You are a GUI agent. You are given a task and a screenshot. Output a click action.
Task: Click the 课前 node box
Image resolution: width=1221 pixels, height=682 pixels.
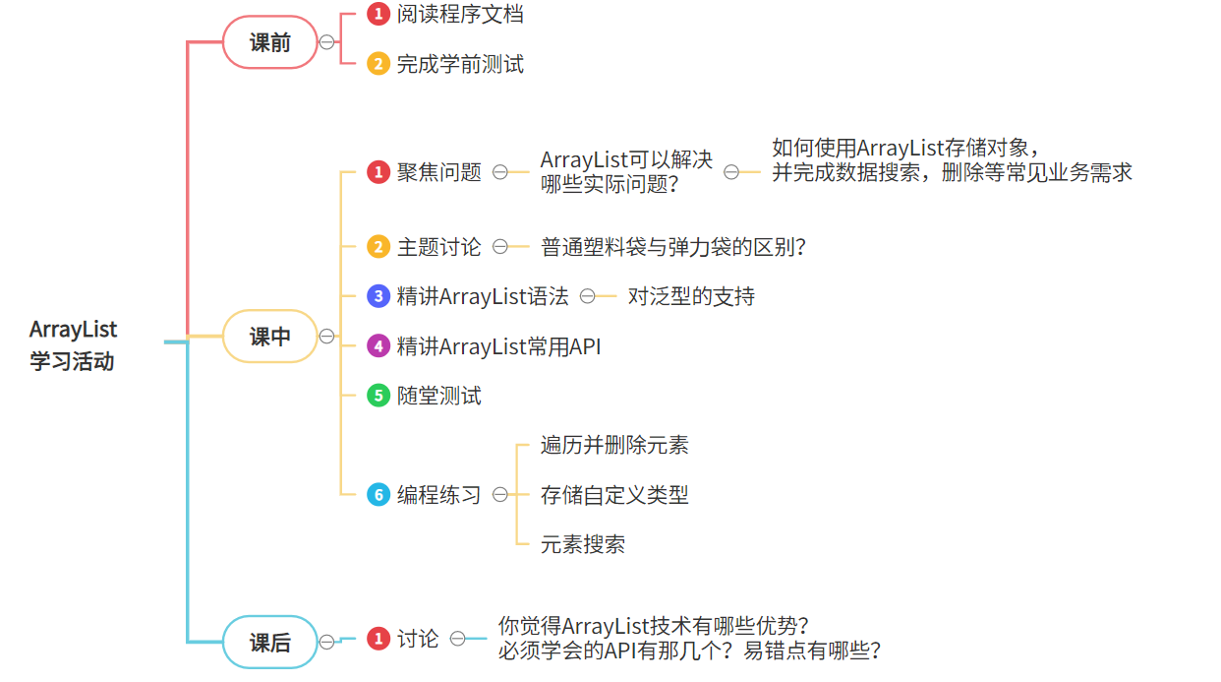point(269,42)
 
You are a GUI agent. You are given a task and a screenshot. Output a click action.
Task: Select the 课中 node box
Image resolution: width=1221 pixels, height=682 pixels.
point(269,337)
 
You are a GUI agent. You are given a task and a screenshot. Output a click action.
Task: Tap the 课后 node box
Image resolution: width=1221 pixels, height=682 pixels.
point(269,643)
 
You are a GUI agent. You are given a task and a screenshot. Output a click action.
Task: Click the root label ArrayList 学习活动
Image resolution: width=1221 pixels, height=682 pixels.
point(73,345)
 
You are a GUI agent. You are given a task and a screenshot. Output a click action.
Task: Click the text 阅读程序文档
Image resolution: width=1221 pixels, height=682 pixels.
point(459,14)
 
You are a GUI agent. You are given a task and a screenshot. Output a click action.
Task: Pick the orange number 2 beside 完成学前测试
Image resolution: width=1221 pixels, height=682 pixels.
point(378,64)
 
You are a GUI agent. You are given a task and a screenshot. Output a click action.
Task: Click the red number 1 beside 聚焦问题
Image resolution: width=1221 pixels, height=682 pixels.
point(378,172)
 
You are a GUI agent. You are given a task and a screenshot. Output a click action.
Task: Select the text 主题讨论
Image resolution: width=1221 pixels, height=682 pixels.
point(438,247)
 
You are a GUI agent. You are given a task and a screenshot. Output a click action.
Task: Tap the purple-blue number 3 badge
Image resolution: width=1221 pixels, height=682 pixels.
point(378,296)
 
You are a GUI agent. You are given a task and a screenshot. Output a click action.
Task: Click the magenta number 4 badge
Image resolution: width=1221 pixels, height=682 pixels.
point(378,346)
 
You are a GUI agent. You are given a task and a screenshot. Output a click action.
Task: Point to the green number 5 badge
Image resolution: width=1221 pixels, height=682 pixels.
point(378,396)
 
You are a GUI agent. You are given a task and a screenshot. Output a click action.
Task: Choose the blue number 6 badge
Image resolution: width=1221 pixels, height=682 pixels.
point(378,495)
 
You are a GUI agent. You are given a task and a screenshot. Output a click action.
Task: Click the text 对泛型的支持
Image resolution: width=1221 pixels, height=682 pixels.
point(691,296)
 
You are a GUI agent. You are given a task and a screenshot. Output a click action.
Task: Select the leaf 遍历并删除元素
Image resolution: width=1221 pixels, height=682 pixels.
point(614,445)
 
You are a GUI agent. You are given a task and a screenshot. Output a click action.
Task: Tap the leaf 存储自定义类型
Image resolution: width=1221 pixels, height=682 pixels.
point(614,495)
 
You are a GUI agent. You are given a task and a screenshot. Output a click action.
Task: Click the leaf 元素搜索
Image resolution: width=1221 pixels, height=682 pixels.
point(583,544)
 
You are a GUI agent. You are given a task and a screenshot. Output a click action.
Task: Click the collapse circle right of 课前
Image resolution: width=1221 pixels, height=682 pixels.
point(326,42)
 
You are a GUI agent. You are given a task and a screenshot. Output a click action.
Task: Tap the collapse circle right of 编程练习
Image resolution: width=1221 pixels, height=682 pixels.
point(500,495)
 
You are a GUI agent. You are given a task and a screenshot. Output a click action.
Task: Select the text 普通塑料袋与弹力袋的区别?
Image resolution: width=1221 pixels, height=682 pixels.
point(673,247)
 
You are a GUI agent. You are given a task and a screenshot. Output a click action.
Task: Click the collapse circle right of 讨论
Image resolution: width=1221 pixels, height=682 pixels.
point(458,639)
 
